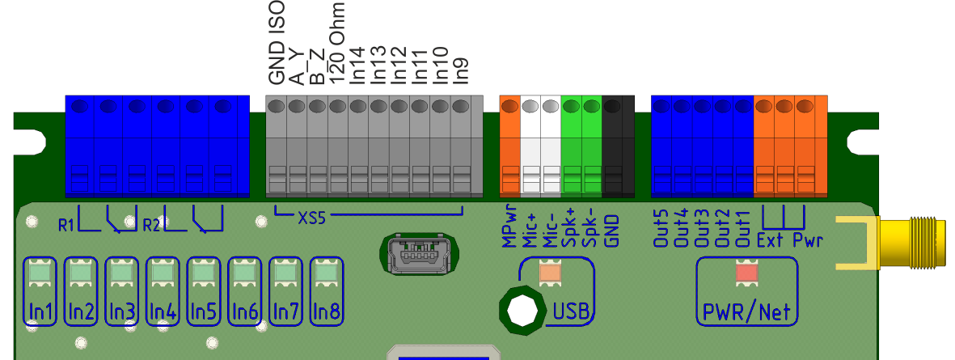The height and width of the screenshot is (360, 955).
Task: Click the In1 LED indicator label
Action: pyautogui.click(x=40, y=311)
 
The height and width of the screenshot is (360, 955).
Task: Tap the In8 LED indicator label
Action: pyautogui.click(x=327, y=311)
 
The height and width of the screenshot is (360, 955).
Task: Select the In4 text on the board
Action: pyautogui.click(x=163, y=311)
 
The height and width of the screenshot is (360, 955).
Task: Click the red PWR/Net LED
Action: pyautogui.click(x=746, y=273)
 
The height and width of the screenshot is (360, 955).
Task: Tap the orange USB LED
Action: pyautogui.click(x=550, y=273)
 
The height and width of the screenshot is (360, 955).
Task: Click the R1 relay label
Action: pyautogui.click(x=66, y=223)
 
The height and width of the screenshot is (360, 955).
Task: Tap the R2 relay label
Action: pyautogui.click(x=151, y=223)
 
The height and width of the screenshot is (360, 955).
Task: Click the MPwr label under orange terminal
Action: pyautogui.click(x=509, y=231)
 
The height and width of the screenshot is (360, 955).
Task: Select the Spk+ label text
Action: pyautogui.click(x=570, y=229)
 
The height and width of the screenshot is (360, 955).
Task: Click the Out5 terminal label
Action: pyautogui.click(x=661, y=229)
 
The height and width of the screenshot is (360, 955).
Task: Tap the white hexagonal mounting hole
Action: pyautogui.click(x=522, y=311)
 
